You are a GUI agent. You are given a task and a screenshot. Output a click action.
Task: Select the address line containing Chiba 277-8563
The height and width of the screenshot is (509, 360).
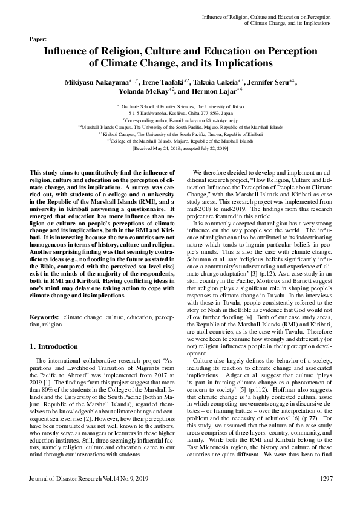180,112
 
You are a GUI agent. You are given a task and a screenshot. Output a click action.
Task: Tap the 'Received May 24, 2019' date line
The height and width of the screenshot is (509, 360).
180,149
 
